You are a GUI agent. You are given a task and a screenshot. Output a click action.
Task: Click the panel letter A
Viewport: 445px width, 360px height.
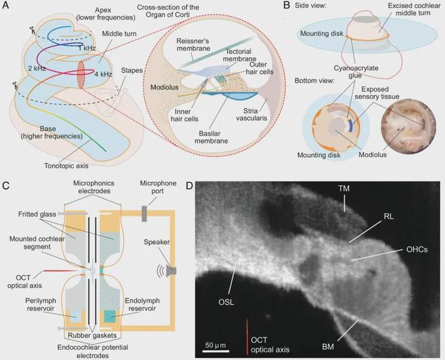pos(5,5)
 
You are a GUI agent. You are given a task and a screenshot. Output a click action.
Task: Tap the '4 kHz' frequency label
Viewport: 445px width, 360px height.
pos(103,75)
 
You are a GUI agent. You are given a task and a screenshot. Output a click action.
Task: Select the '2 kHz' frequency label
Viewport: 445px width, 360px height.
pos(37,68)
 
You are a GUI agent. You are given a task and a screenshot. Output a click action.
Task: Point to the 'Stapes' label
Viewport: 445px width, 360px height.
pos(131,70)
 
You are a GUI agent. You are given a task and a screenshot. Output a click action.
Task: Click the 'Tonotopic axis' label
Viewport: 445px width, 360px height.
pos(66,165)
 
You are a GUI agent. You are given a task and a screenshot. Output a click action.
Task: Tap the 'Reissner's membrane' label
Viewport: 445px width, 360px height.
pos(194,44)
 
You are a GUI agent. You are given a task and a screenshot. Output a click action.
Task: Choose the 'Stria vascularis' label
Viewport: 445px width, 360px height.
pos(251,114)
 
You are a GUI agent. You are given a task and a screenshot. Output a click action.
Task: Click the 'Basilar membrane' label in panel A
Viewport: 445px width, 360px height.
pos(211,137)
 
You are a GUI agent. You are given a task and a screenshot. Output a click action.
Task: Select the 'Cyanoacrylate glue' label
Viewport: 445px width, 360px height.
pos(356,71)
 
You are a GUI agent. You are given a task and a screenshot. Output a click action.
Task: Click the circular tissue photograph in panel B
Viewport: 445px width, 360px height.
pos(409,127)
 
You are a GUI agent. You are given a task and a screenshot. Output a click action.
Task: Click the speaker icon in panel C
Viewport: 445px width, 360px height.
pos(171,271)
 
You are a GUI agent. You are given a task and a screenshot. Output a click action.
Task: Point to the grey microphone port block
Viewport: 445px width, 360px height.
pos(144,214)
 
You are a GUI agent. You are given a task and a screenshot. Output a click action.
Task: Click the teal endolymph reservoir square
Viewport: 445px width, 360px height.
pos(110,316)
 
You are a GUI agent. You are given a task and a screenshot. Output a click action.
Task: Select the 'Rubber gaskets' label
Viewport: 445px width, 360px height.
pos(92,335)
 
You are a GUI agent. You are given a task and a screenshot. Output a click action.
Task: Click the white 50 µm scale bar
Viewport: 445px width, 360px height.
pos(216,351)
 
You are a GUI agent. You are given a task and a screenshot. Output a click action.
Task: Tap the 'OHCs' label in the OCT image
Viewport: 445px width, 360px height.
pos(417,249)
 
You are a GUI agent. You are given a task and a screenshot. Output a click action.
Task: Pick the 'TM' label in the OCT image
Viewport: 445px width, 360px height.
pos(344,188)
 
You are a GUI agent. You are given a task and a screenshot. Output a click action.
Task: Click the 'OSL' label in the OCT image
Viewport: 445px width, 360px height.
pos(226,303)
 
